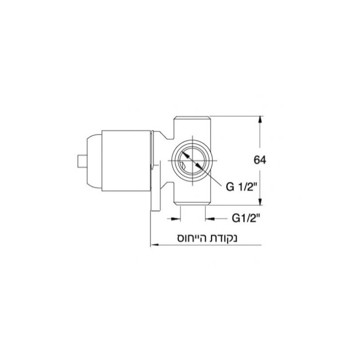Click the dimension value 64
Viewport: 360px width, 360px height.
pos(259,161)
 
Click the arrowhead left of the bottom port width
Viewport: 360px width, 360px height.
pos(177,219)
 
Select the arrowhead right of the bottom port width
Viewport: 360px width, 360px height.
pos(209,219)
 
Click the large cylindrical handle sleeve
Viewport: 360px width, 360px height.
pos(126,161)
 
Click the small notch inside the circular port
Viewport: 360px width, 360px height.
pos(182,168)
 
